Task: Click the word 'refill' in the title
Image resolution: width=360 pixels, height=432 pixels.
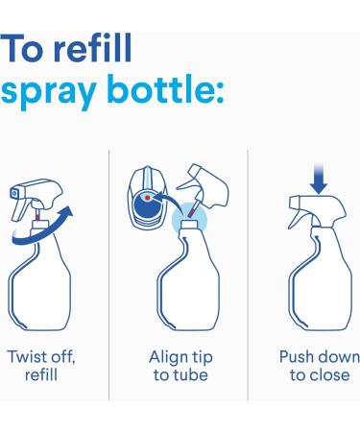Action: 92,48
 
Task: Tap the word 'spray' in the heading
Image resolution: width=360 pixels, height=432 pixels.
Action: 49,90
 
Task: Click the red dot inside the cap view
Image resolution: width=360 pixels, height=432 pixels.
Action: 148,198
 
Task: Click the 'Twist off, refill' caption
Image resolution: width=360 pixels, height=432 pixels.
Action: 41,366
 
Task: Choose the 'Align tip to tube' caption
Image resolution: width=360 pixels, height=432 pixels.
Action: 180,366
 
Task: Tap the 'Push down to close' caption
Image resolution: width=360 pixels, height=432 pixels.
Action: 320,366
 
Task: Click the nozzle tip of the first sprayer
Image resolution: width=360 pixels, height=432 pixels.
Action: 14,193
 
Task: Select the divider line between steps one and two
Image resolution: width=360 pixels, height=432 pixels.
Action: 108,275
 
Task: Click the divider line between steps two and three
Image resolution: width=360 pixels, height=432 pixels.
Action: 248,275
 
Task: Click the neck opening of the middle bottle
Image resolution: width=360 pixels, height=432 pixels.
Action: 189,223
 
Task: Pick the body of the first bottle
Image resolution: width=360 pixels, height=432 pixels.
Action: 39,285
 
